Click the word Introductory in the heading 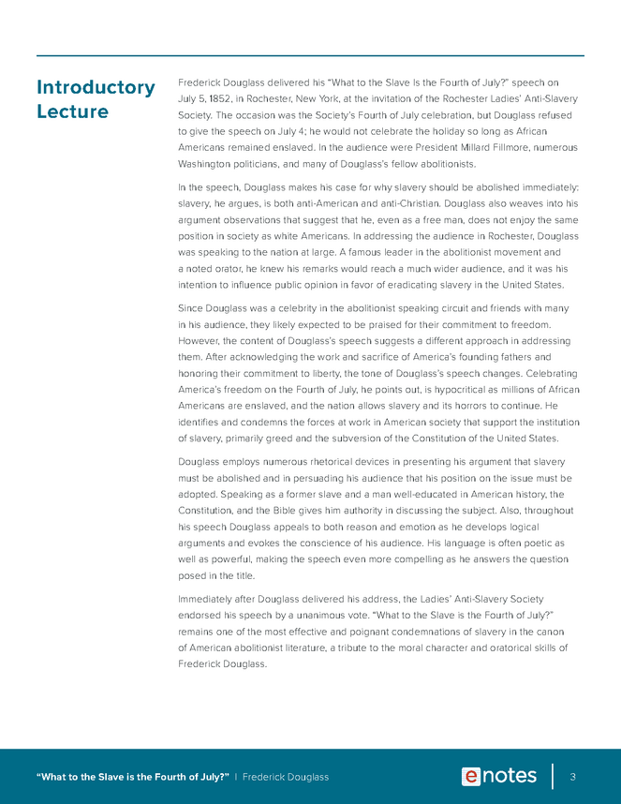click(x=96, y=88)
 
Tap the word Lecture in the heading click(x=72, y=112)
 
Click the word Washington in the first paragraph click(x=209, y=163)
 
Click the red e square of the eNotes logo click(x=471, y=776)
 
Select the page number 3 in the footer click(x=571, y=777)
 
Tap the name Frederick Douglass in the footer click(x=286, y=777)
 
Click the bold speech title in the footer click(x=132, y=777)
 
